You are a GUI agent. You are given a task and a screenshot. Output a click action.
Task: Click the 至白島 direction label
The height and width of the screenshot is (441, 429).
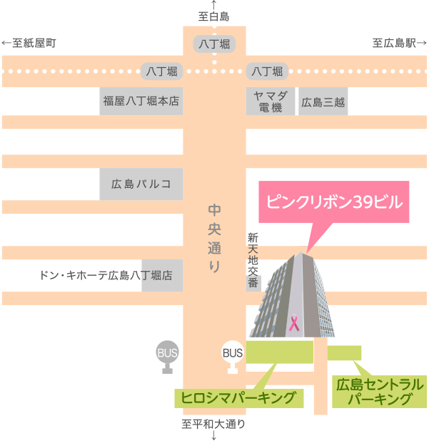click(x=214, y=15)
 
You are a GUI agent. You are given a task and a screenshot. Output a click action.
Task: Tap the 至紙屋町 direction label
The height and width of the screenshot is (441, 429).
click(x=29, y=44)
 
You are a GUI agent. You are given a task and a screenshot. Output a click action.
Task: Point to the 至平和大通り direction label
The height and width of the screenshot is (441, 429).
click(x=213, y=425)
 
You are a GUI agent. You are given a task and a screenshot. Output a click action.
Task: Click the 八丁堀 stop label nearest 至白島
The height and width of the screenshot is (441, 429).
click(x=214, y=44)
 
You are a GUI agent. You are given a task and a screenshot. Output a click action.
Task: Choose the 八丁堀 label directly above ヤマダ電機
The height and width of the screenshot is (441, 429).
click(x=267, y=71)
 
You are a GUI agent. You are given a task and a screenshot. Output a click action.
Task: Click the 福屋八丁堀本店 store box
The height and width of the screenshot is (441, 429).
click(x=141, y=101)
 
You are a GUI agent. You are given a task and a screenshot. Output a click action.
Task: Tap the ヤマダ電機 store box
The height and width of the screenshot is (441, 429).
click(x=269, y=101)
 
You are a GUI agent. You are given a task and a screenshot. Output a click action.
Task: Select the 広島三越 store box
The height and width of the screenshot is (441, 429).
click(x=323, y=101)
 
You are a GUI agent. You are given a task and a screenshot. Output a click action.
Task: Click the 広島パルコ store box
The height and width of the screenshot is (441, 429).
click(x=141, y=184)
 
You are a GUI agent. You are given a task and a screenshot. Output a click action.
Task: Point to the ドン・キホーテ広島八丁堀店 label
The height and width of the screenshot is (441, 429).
click(x=107, y=274)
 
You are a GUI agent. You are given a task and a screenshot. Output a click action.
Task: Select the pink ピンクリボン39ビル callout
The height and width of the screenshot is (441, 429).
click(x=333, y=202)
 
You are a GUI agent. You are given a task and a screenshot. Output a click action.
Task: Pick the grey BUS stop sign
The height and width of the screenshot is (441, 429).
click(x=167, y=356)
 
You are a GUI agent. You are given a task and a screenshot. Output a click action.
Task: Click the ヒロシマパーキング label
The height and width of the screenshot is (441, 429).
click(x=238, y=397)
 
